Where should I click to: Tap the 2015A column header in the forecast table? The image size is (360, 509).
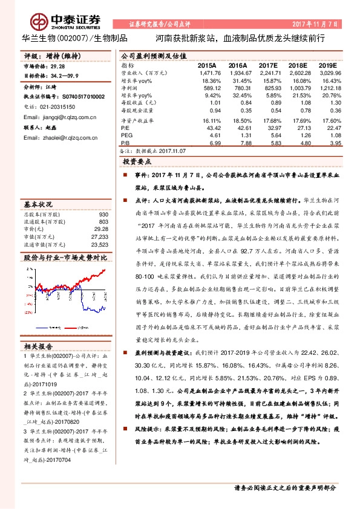pyautogui.click(x=207, y=64)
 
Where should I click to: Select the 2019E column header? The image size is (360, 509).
pyautogui.click(x=327, y=64)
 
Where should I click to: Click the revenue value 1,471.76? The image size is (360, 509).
pyautogui.click(x=207, y=72)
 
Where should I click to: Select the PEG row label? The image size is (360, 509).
pyautogui.click(x=126, y=137)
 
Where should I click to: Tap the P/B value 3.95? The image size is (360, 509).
pyautogui.click(x=332, y=143)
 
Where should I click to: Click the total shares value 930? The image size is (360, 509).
pyautogui.click(x=103, y=215)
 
